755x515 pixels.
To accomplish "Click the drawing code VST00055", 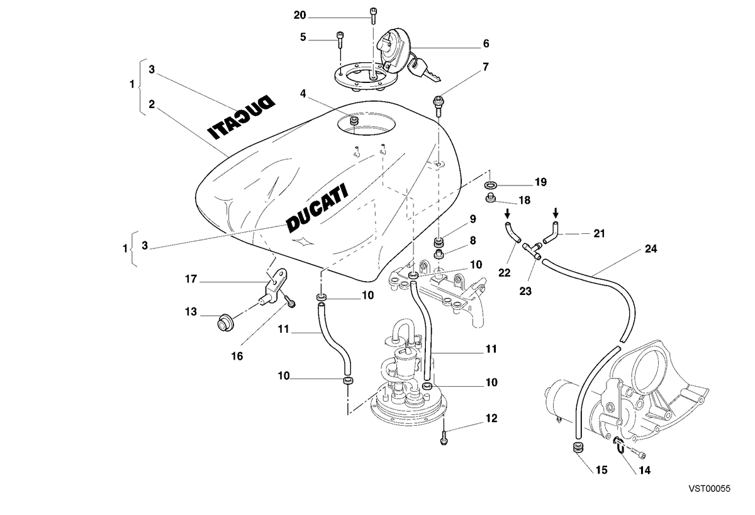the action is [x=710, y=489].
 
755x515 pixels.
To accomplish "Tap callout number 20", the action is [x=299, y=15].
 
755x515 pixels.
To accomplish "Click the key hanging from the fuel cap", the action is [x=422, y=70].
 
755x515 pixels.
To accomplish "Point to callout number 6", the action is [x=486, y=43].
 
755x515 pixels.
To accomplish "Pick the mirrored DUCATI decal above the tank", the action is [x=241, y=117].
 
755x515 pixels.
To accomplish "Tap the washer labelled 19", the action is [x=490, y=185].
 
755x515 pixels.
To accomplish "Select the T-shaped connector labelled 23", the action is [x=532, y=251].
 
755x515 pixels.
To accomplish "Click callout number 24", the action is [x=651, y=249].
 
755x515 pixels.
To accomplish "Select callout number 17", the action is [x=191, y=279].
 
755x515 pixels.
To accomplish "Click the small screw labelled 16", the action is [x=289, y=301].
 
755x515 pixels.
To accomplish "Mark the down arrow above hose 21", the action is [x=556, y=213].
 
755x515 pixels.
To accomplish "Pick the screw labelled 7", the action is [x=438, y=106].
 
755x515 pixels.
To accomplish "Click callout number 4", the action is [x=303, y=94].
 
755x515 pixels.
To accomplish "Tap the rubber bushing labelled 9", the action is [x=439, y=241].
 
